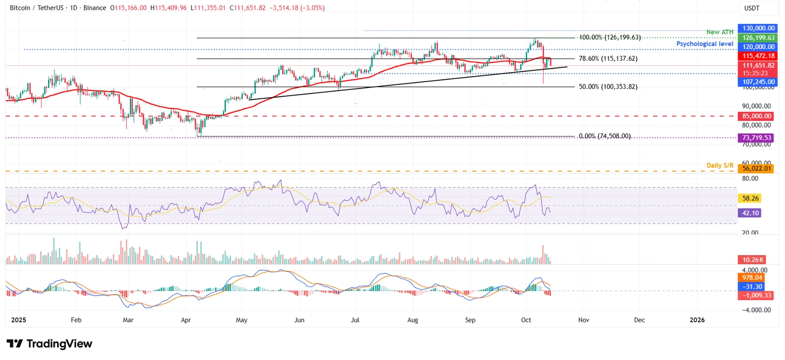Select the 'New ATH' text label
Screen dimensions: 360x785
[720, 32]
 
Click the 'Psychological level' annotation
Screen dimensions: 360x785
[705, 44]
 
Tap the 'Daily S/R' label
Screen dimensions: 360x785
[720, 165]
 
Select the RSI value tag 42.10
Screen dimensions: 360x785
[749, 213]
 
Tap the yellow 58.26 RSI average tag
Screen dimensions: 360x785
[749, 197]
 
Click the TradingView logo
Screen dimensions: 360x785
[50, 344]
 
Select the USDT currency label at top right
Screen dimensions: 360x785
[752, 8]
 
